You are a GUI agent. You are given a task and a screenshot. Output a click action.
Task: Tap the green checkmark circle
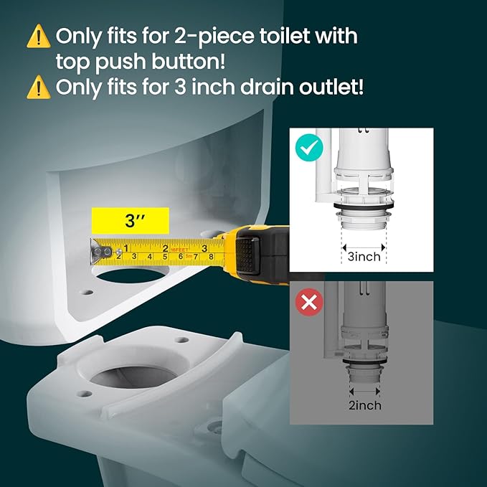(308, 149)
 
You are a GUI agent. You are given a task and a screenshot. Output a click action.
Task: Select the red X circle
(309, 303)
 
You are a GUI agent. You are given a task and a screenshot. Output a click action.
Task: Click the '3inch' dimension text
(364, 256)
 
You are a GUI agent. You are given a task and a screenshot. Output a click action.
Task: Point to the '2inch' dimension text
(364, 406)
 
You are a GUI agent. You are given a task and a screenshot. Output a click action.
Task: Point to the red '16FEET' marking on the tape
(179, 250)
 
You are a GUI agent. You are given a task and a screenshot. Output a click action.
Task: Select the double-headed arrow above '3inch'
(364, 242)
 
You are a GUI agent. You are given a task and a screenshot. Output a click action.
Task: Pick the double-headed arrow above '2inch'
(364, 392)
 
